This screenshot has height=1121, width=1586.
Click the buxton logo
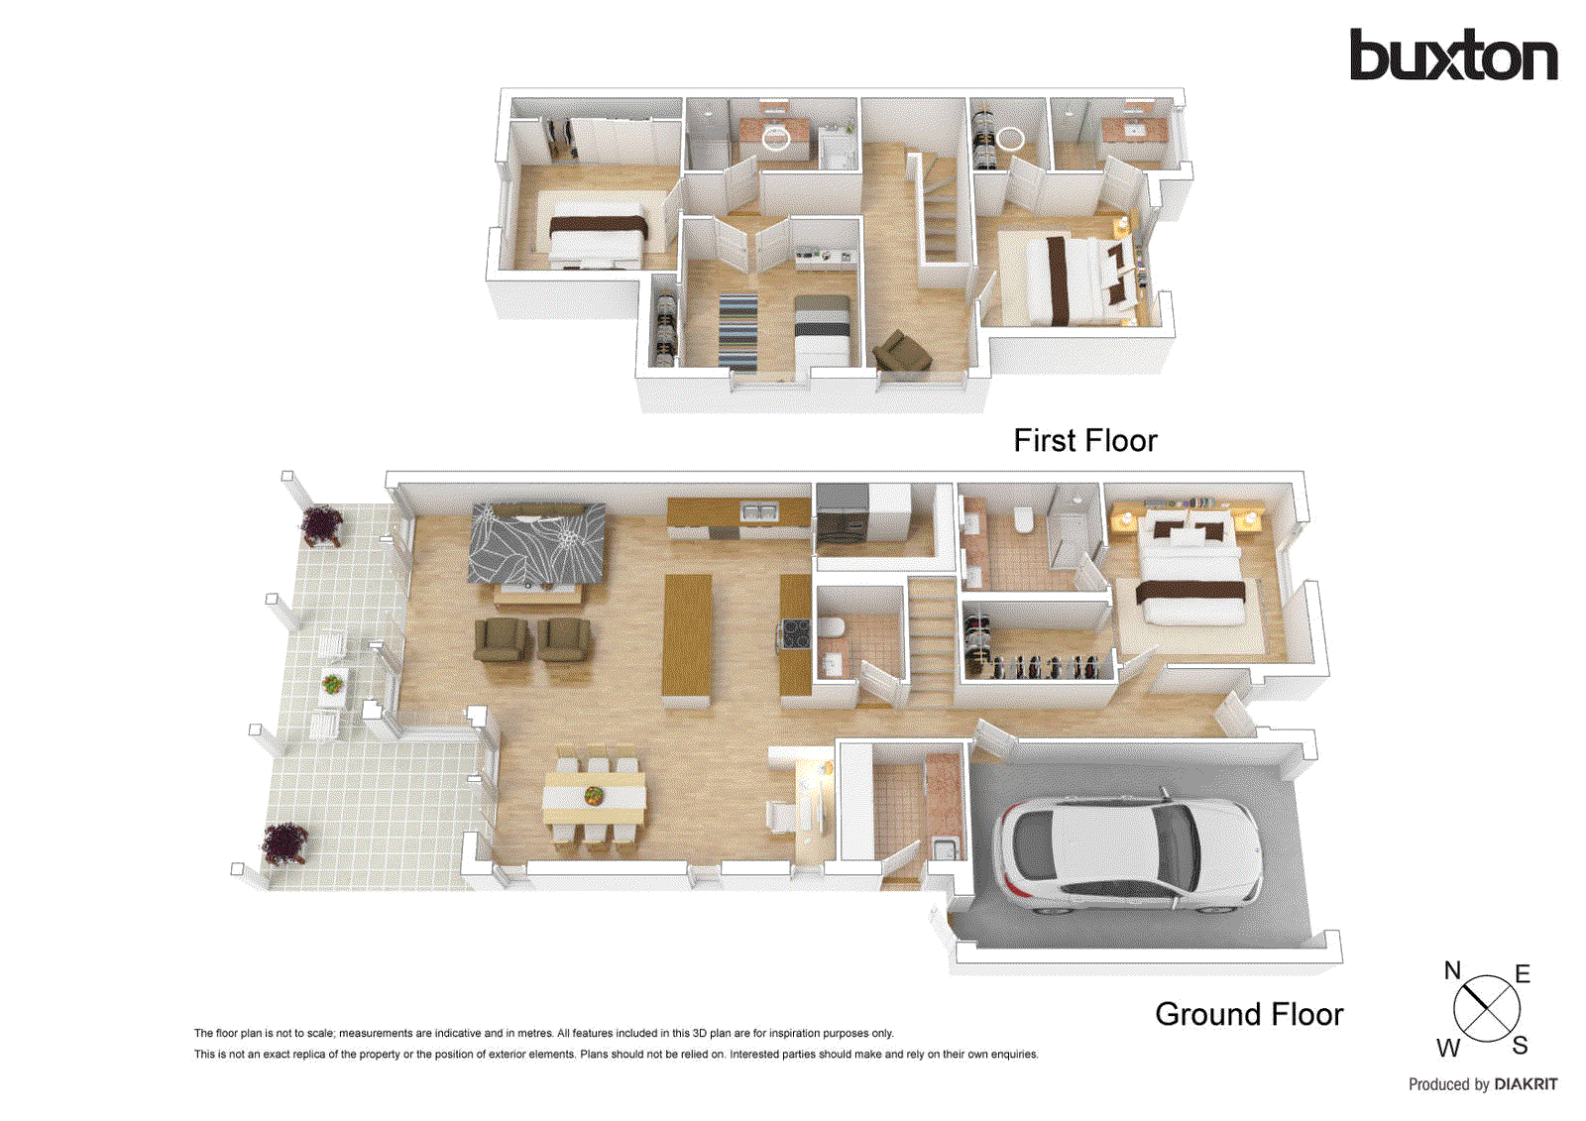click(1452, 56)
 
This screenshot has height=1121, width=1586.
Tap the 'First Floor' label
click(1084, 440)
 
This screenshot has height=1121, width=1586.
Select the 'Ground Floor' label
click(1248, 1014)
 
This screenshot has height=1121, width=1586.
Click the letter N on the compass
click(1452, 970)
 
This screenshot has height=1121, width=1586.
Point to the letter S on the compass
click(1520, 1045)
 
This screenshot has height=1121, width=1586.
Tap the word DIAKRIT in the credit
click(1526, 1084)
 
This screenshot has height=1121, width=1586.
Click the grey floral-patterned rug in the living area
click(537, 542)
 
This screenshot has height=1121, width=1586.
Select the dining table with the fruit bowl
click(594, 797)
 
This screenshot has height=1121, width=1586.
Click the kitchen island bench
click(687, 635)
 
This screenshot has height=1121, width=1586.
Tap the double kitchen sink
click(760, 511)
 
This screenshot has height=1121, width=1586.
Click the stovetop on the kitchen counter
click(796, 631)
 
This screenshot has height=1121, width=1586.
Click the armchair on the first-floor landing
click(900, 351)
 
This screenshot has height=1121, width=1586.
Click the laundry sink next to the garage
click(946, 848)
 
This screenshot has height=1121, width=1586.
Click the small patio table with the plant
click(333, 683)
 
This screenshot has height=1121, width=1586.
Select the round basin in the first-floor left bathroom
click(776, 139)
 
